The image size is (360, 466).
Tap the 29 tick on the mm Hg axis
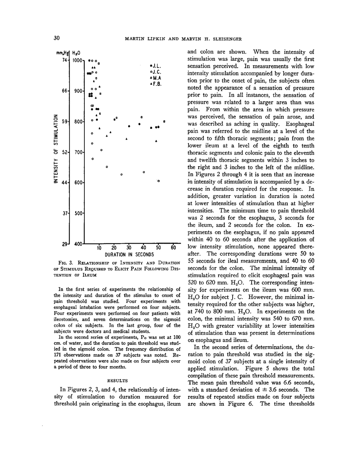[x=65, y=244]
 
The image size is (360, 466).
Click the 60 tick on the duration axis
[x=173, y=247]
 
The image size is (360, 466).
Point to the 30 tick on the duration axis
[x=129, y=247]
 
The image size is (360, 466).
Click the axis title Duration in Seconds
[x=130, y=254]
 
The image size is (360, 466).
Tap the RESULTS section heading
[x=117, y=381]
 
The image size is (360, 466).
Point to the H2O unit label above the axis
[x=77, y=53]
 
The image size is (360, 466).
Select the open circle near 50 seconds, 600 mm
[x=159, y=181]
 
